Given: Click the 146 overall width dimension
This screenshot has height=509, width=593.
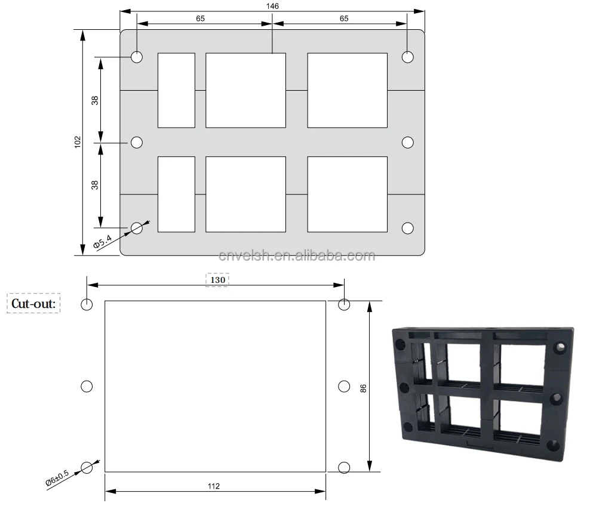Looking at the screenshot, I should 272,5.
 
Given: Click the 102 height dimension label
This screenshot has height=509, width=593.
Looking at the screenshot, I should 78,142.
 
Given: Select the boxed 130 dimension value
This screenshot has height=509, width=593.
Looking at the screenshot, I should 217,280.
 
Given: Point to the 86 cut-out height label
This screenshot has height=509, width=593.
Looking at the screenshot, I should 363,388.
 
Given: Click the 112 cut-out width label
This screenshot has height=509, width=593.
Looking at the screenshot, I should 214,486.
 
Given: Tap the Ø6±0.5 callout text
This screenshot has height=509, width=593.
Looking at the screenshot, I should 57,480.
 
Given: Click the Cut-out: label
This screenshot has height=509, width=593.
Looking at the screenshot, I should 34,304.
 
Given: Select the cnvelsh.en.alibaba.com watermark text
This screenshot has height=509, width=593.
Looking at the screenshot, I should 297,256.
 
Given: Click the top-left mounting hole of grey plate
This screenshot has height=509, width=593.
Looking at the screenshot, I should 137,57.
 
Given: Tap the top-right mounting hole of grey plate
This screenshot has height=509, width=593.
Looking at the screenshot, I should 408,57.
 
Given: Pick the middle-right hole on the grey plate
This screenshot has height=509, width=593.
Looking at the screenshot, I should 408,142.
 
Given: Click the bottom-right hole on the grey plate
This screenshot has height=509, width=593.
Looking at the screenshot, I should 408,228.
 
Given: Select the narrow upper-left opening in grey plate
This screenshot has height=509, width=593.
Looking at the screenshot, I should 176,90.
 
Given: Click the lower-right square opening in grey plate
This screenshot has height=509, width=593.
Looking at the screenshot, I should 347,194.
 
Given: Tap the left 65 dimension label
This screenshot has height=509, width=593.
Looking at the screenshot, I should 200,18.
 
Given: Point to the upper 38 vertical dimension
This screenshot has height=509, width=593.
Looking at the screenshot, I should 95,100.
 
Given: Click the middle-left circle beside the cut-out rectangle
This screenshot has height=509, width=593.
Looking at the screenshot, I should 87,386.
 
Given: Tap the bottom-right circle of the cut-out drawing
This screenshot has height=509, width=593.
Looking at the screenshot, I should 344,467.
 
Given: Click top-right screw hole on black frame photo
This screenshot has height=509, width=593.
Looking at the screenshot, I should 561,347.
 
